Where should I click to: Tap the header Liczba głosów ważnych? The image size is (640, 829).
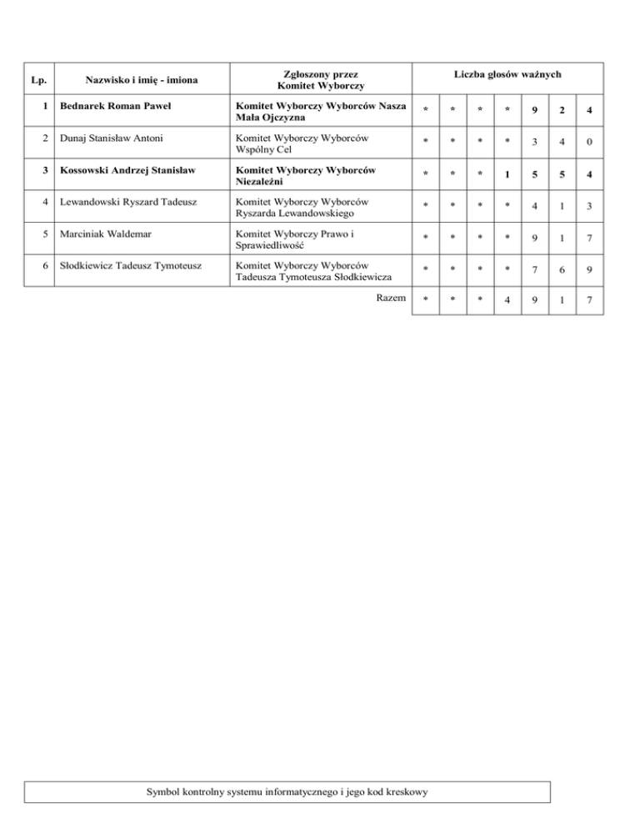508,75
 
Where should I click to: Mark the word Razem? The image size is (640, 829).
392,299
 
